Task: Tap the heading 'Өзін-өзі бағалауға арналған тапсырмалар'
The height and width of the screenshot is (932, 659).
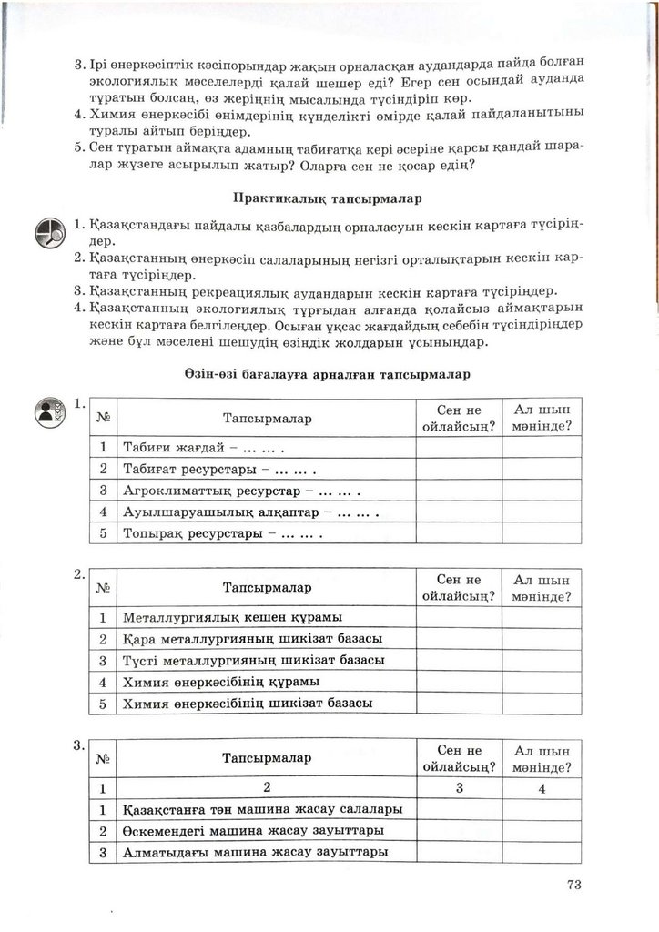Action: point(327,373)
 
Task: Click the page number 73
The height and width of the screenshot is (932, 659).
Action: point(573,884)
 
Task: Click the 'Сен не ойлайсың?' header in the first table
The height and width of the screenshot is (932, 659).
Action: point(458,418)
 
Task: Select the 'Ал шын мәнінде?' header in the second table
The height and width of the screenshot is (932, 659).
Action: point(542,588)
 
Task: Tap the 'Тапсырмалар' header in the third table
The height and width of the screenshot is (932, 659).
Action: point(267,757)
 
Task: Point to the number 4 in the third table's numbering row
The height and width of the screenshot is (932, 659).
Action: point(542,788)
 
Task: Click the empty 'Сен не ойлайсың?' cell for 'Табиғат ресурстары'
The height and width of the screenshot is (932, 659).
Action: point(458,469)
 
